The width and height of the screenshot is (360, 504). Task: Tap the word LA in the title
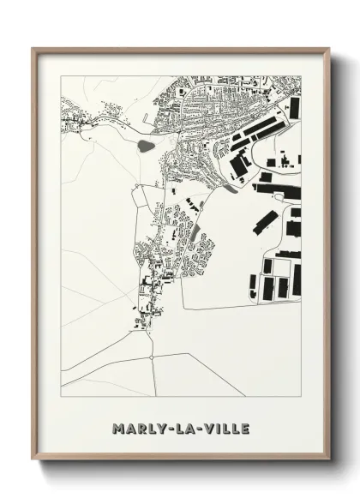coord(181,428)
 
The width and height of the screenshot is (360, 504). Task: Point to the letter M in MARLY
coord(117,428)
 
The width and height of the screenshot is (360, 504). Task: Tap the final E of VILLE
coord(244,428)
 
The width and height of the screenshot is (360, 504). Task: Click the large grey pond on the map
coord(147,146)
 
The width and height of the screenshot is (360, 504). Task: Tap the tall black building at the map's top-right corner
coord(294,108)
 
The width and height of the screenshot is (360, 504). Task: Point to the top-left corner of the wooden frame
coord(33,49)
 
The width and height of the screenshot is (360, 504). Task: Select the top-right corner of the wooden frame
coord(329,49)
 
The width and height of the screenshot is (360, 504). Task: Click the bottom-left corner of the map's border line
coord(61,396)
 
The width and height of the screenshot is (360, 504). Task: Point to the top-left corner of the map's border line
coord(61,75)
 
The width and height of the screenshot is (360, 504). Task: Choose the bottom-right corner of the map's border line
coord(301,396)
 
